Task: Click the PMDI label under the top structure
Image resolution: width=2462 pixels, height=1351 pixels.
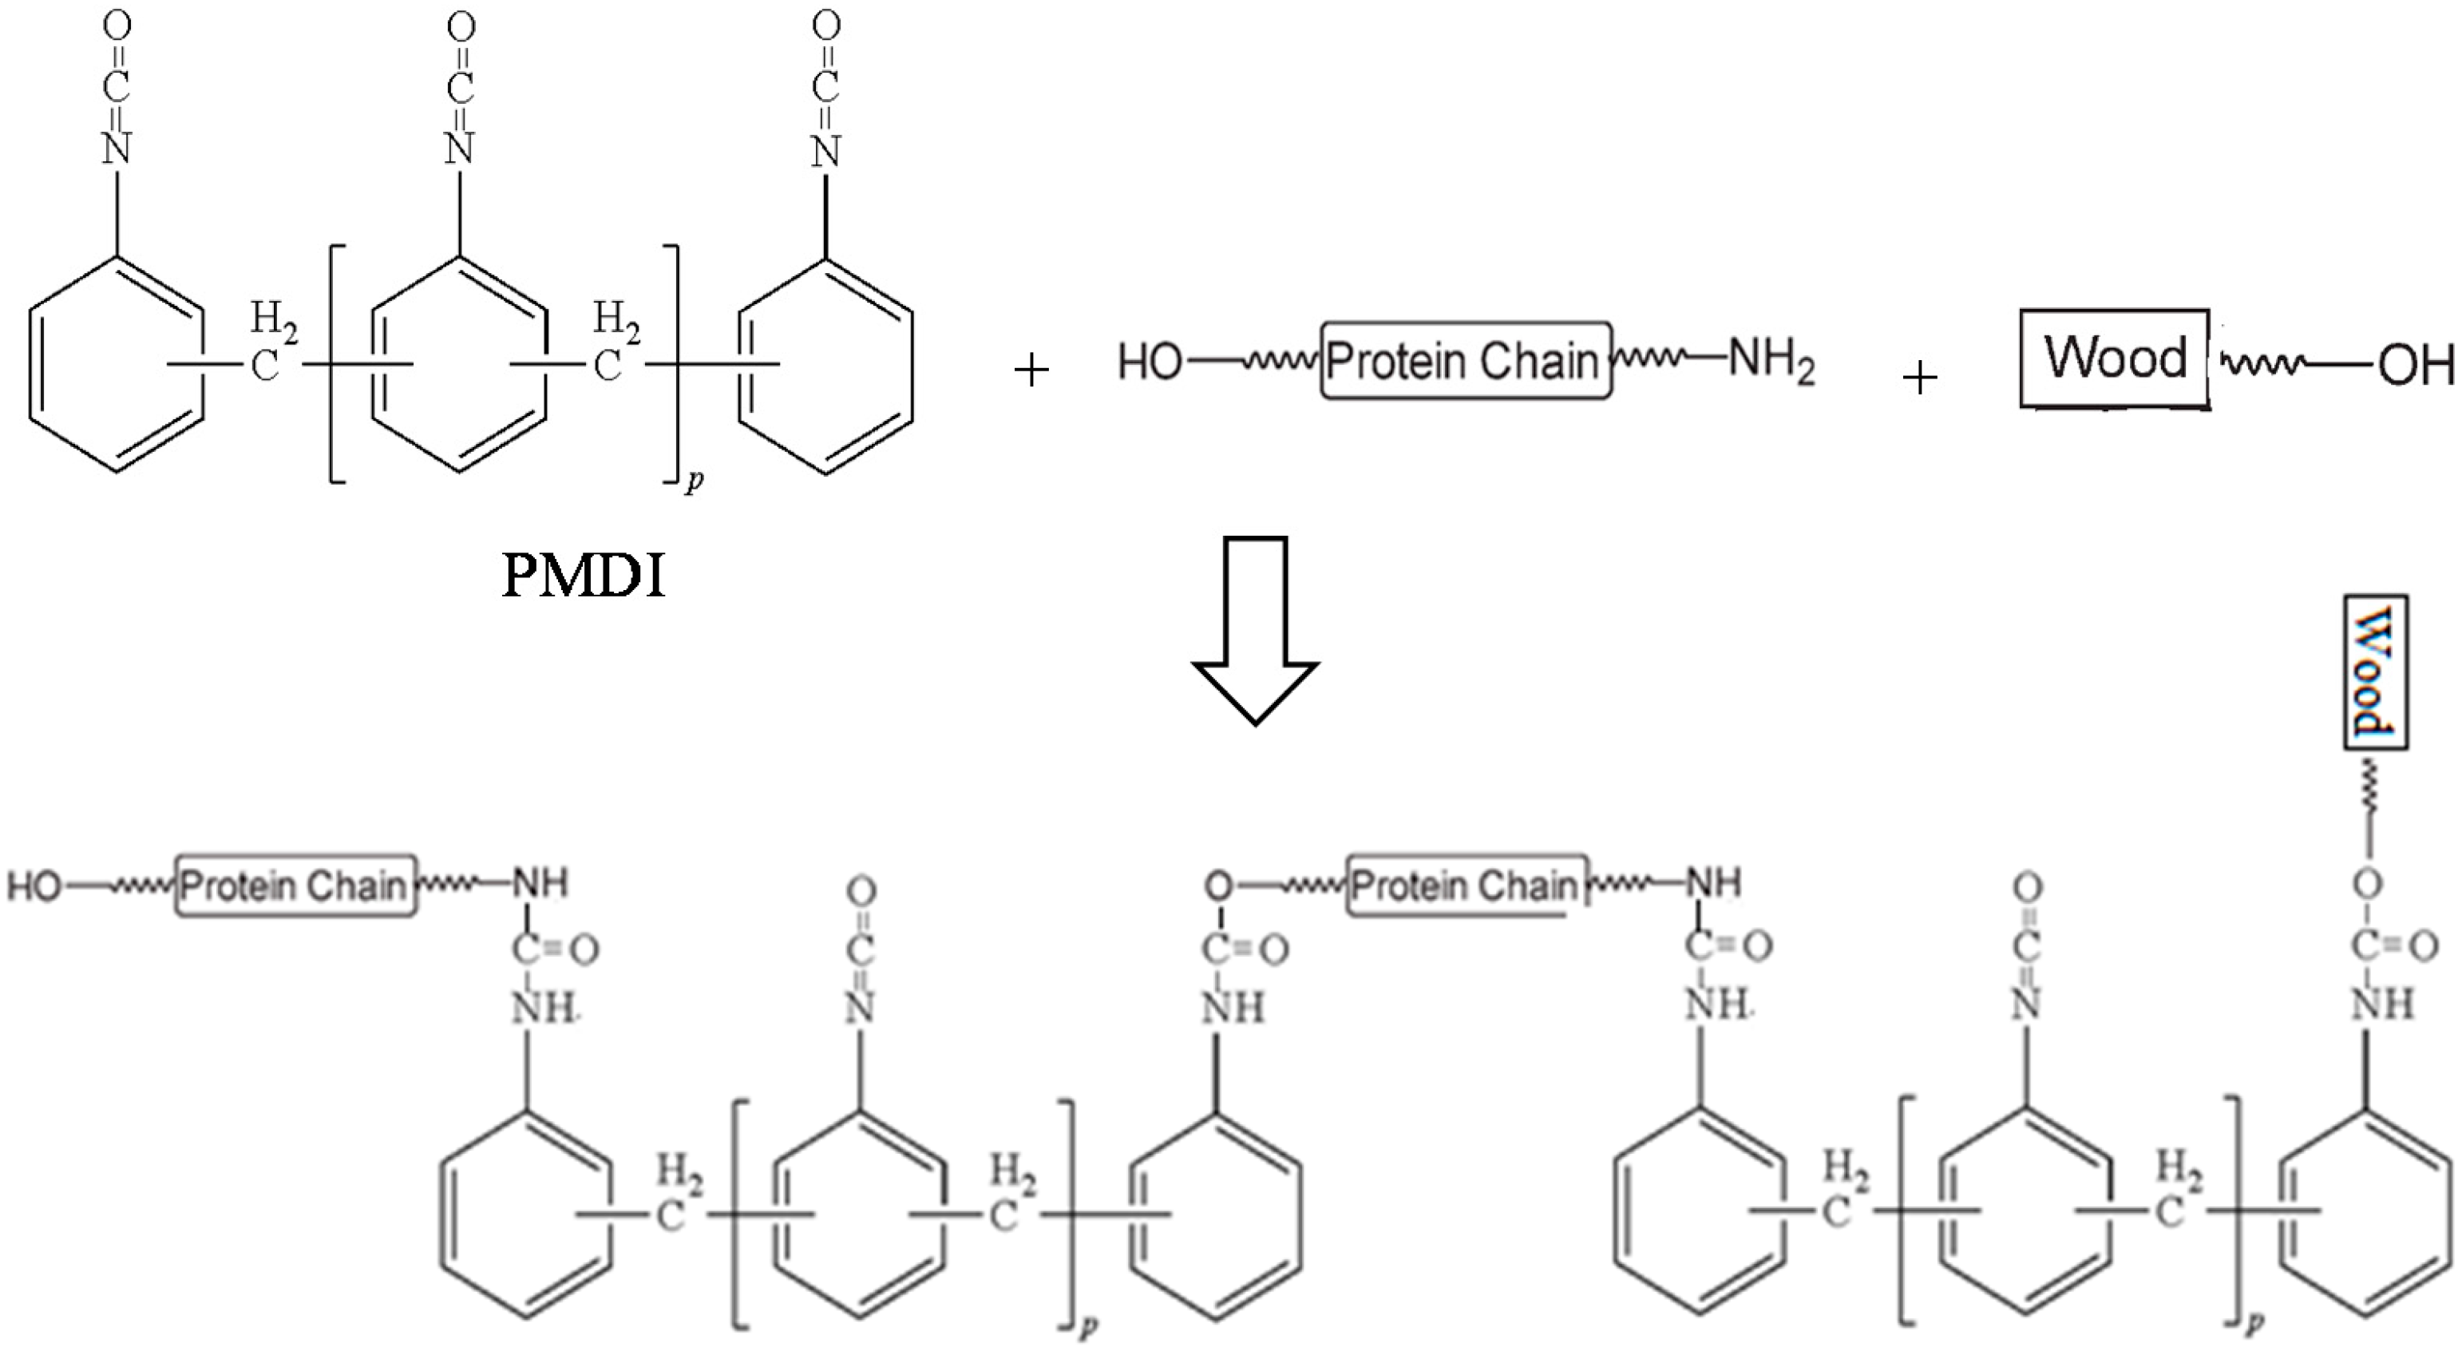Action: coord(583,576)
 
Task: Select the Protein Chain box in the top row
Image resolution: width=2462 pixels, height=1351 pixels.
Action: coord(1465,360)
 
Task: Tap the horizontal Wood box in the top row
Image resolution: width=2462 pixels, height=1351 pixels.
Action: coord(2113,358)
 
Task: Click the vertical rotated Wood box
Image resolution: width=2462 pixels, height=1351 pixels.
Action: coord(2375,672)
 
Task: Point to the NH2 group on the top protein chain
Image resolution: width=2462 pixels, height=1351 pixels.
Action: coord(1771,363)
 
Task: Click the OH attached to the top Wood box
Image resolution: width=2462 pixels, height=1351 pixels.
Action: coord(2415,366)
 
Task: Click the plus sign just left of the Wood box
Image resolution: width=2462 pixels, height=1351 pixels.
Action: coord(1919,378)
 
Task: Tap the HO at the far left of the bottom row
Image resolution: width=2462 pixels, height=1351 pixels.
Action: coord(34,887)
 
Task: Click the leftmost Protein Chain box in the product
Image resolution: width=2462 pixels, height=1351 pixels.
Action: coord(295,886)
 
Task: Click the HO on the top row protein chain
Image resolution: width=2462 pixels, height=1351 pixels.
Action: coord(1150,363)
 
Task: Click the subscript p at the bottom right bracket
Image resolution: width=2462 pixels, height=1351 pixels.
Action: coord(2254,1323)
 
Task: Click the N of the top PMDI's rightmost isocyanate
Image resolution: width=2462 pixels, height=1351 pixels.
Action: coord(825,150)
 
